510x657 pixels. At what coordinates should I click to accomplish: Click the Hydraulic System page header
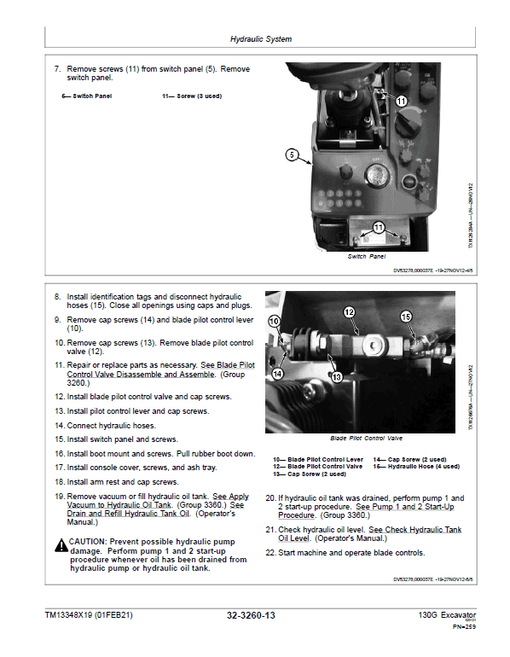click(x=261, y=39)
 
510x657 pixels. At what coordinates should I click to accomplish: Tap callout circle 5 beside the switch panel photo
click(x=292, y=155)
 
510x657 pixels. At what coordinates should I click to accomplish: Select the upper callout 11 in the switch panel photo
click(x=402, y=101)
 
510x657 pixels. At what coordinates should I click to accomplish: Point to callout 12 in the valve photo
click(x=348, y=312)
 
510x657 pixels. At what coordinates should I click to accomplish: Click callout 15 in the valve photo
click(x=406, y=317)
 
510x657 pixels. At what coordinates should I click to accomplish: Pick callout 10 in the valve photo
click(x=274, y=321)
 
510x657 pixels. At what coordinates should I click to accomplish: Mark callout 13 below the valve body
click(x=336, y=376)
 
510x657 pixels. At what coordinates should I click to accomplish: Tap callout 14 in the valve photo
click(x=278, y=373)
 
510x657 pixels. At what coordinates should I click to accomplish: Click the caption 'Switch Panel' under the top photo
click(x=366, y=256)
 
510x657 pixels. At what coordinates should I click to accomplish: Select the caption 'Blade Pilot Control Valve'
click(x=365, y=438)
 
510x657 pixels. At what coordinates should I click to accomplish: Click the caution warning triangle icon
click(x=61, y=543)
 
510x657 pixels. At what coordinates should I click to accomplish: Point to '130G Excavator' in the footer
click(x=447, y=614)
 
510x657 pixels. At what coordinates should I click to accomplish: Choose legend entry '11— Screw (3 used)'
click(x=192, y=96)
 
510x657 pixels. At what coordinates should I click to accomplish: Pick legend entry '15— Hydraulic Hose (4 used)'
click(x=416, y=467)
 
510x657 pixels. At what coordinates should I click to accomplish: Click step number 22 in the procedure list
click(x=270, y=553)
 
